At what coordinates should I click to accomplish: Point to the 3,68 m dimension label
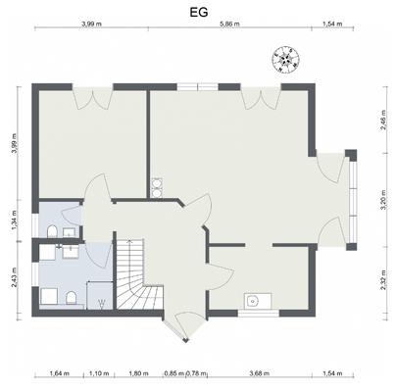(258, 373)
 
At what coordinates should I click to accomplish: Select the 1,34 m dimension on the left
(13, 220)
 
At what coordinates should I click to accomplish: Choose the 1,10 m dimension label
(98, 373)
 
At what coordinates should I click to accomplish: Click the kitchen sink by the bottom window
(253, 301)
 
